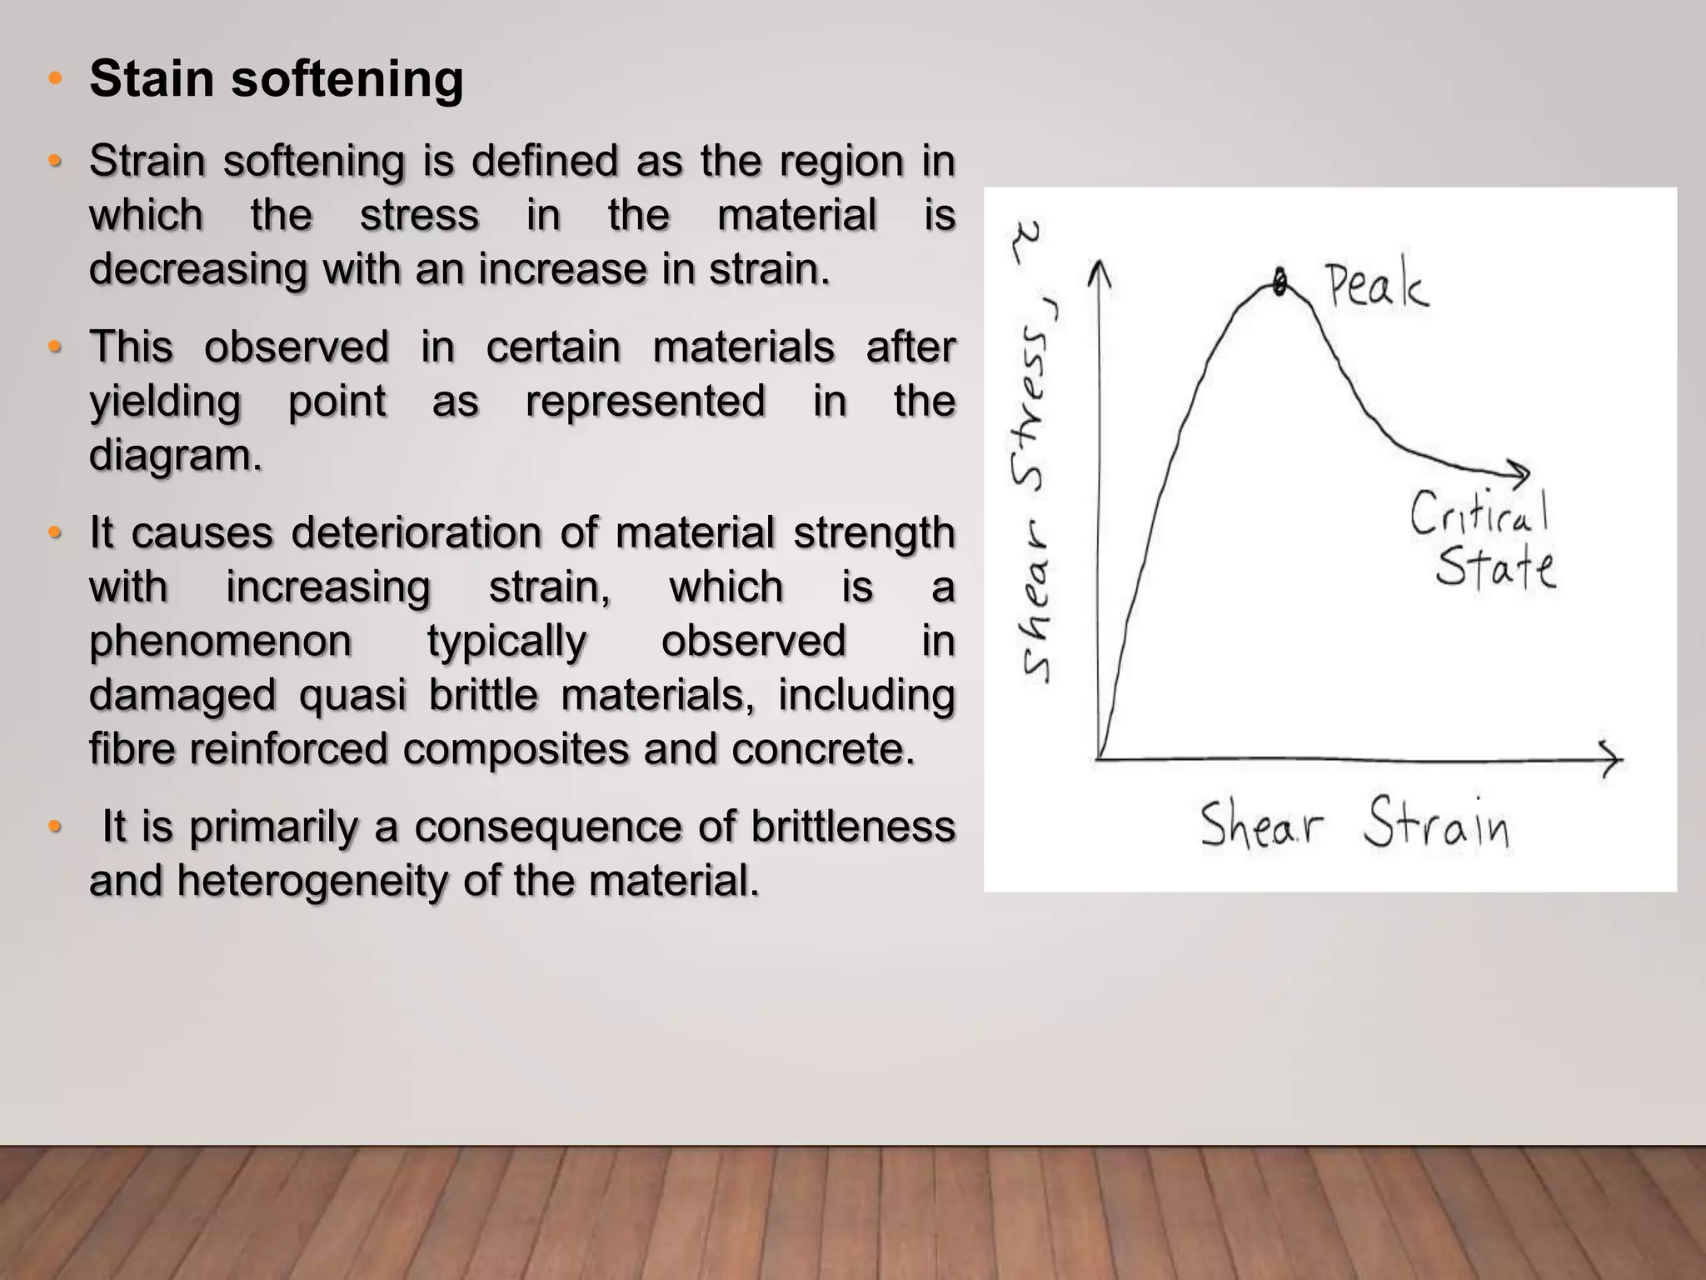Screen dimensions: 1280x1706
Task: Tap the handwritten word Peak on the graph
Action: click(1376, 286)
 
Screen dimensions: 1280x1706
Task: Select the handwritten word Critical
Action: click(1479, 512)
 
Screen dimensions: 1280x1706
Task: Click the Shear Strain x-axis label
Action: click(1354, 823)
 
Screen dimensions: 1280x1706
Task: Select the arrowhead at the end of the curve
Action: click(1520, 472)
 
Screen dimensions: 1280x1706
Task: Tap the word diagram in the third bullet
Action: click(175, 455)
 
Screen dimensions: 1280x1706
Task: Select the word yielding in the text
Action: click(165, 402)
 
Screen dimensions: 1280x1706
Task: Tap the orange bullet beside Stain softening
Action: click(55, 79)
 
